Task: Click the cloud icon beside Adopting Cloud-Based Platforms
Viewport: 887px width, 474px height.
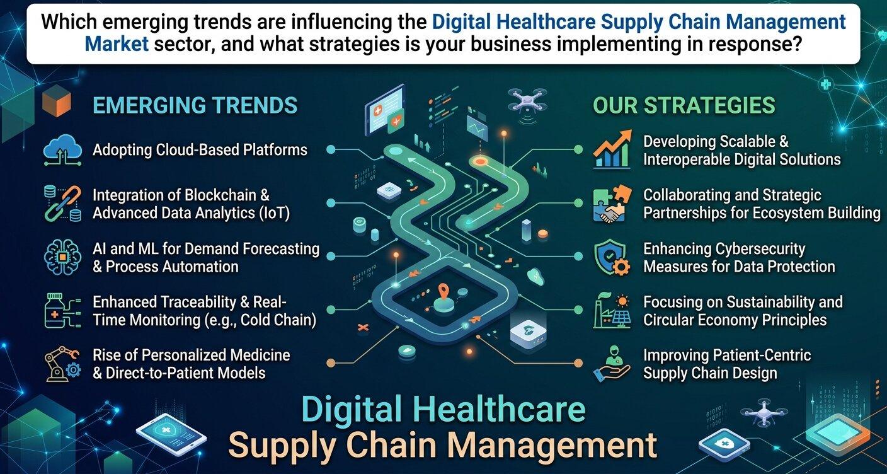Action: click(x=62, y=150)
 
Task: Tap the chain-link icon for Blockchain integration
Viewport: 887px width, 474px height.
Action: click(x=62, y=204)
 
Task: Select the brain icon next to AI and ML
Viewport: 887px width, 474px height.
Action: click(x=62, y=257)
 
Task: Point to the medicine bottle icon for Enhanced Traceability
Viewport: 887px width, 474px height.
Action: click(x=62, y=310)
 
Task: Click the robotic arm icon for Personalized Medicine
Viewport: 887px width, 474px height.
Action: click(x=62, y=364)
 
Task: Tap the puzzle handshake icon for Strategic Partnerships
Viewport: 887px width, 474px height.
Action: click(x=612, y=204)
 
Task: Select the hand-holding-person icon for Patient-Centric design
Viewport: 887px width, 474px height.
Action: click(x=612, y=364)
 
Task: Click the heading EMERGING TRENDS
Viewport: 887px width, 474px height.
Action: click(x=195, y=105)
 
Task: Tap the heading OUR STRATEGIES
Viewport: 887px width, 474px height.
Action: click(x=684, y=105)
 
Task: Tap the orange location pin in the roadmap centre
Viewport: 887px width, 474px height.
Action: click(x=443, y=291)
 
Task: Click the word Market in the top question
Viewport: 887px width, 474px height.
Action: click(x=117, y=43)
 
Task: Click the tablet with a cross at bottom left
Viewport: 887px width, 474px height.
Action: click(x=171, y=435)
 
